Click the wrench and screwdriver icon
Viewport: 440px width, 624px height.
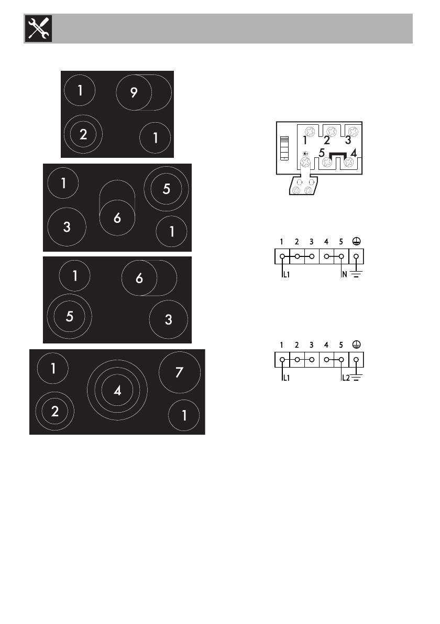coord(39,28)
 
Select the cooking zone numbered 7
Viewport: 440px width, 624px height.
coord(179,372)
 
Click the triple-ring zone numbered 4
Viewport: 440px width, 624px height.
coord(117,390)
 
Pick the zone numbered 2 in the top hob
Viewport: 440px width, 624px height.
coord(83,134)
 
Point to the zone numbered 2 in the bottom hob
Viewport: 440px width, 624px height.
coord(55,411)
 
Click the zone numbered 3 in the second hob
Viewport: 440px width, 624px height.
coord(67,227)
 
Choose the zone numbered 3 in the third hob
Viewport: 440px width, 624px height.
coord(169,319)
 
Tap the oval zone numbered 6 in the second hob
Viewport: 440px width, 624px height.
coord(117,208)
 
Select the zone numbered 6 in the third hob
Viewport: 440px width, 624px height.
coord(149,278)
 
